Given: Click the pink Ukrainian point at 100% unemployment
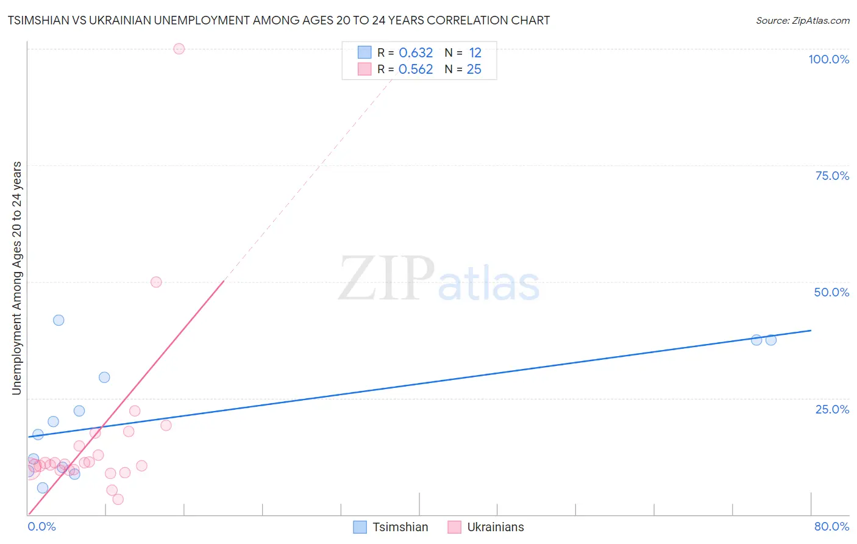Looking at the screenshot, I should point(179,49).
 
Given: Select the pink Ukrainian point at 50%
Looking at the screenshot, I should point(156,282).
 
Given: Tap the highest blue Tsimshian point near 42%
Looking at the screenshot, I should point(59,320).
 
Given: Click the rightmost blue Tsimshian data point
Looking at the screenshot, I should point(771,340).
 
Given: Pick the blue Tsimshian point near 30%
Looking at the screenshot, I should point(104,378).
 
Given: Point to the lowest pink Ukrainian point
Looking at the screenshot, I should point(118,499).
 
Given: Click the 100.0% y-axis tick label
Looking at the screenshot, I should point(828,59).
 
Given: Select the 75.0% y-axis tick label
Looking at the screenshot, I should point(832,176).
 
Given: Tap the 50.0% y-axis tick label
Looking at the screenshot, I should point(831,292).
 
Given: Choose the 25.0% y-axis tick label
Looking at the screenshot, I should point(832,409).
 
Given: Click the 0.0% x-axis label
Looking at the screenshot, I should point(42,526).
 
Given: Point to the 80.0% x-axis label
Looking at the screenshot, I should point(831,526).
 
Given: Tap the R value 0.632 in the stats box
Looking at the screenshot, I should point(416,53).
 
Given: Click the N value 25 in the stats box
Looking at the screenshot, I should point(474,70).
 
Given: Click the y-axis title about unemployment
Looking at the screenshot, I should point(16,278).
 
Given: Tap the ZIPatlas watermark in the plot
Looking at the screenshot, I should point(439,279).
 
